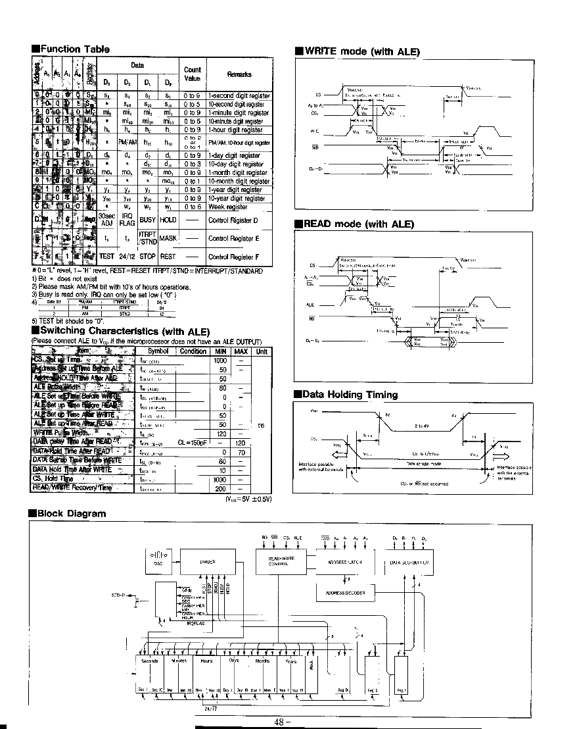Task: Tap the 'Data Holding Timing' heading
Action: click(x=349, y=395)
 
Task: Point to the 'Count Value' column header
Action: click(x=192, y=73)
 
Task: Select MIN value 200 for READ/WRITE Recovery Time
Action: click(x=221, y=489)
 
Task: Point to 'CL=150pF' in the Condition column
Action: click(x=193, y=443)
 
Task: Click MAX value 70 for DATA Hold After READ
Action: click(x=241, y=452)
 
